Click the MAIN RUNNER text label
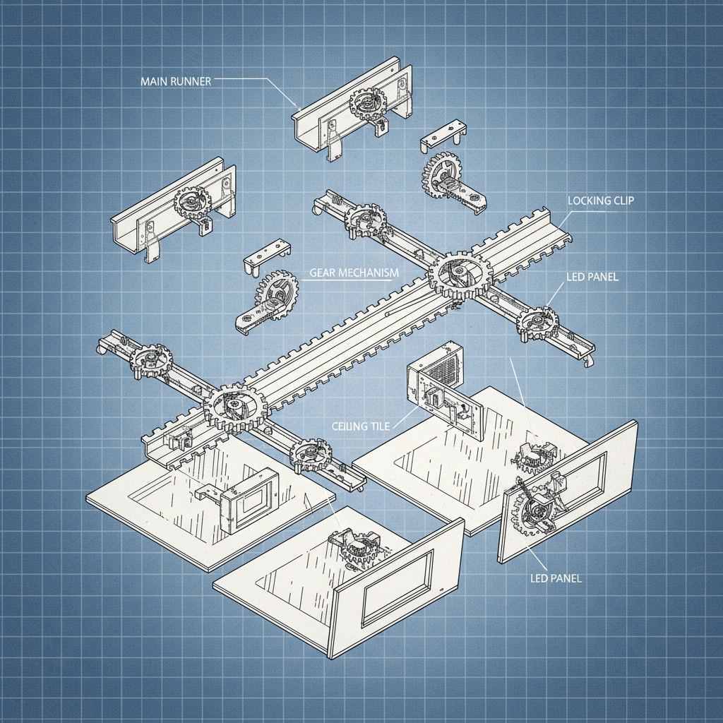tap(175, 81)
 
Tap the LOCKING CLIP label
tap(600, 201)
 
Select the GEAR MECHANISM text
tap(354, 273)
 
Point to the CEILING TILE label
tap(359, 426)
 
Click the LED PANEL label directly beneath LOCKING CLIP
tap(592, 277)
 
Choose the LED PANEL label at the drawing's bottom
tap(556, 578)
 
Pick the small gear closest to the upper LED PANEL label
tap(538, 322)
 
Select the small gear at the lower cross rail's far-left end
tap(151, 359)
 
